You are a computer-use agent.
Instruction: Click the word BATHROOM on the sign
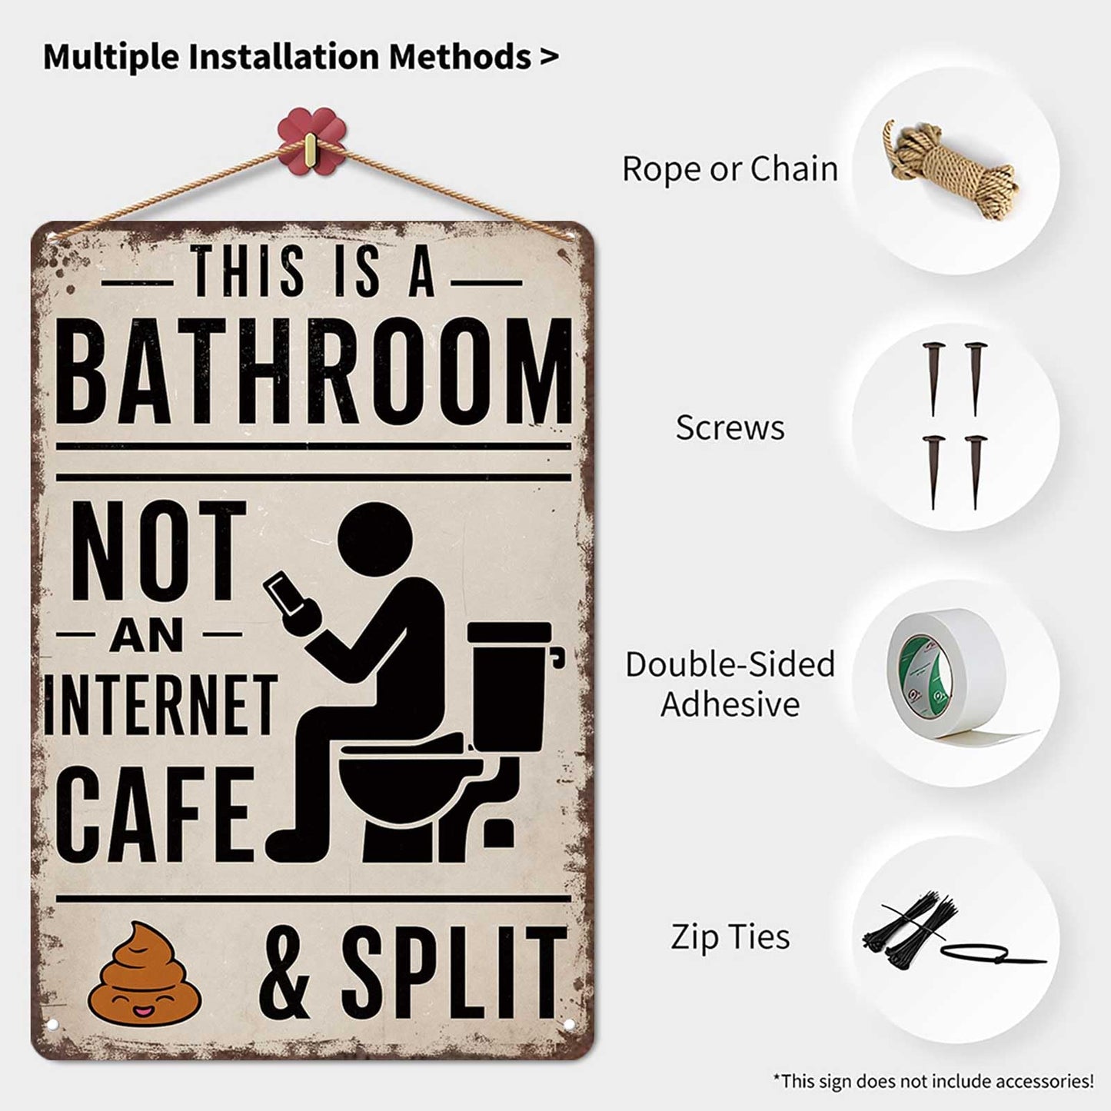click(x=314, y=372)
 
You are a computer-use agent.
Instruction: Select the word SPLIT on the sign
click(x=453, y=972)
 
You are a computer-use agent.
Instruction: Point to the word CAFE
click(x=157, y=813)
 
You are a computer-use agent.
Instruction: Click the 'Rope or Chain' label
click(x=730, y=169)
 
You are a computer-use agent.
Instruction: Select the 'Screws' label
click(x=730, y=428)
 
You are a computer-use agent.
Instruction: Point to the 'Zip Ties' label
click(x=730, y=937)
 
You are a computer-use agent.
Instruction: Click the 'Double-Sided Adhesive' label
click(x=730, y=684)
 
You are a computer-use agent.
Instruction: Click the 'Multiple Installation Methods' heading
click(x=300, y=57)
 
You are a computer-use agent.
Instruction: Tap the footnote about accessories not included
click(x=933, y=1081)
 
